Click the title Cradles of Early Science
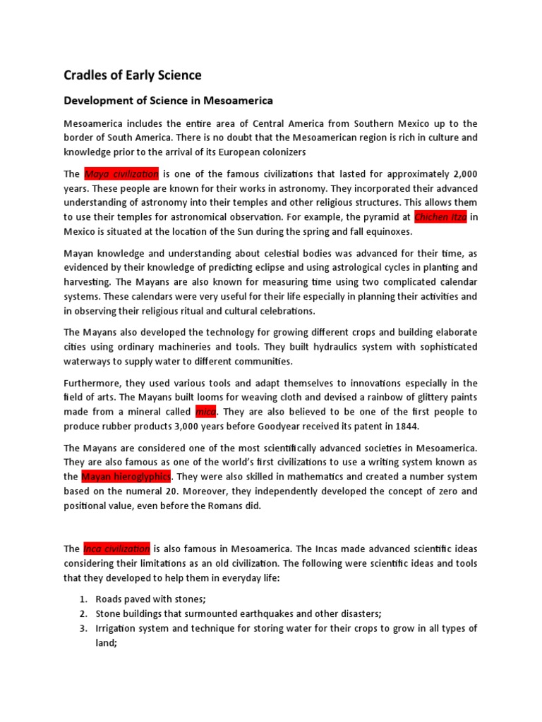(x=132, y=75)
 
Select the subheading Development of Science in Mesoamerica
(x=168, y=101)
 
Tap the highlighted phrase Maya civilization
(x=121, y=174)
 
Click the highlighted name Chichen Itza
(x=440, y=216)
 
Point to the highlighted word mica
(x=207, y=412)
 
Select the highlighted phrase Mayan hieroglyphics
(x=126, y=477)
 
